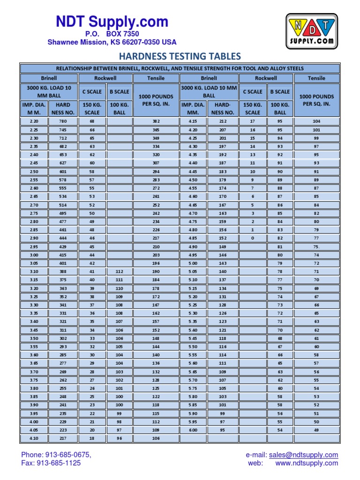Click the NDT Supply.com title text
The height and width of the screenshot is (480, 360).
click(x=112, y=22)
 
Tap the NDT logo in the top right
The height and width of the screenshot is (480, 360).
click(x=311, y=31)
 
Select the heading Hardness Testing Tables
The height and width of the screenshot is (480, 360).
click(x=180, y=57)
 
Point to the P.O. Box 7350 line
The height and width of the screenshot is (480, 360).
click(x=112, y=34)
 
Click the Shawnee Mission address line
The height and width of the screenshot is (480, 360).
click(x=112, y=42)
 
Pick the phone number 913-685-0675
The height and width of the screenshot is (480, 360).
click(x=56, y=455)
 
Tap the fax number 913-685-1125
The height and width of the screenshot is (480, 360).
click(x=51, y=463)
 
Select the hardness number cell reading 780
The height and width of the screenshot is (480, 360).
click(x=63, y=121)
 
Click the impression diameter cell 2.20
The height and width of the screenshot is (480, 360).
click(x=34, y=121)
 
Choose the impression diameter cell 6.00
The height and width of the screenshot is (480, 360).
click(x=193, y=430)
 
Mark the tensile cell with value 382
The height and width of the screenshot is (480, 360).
click(x=156, y=121)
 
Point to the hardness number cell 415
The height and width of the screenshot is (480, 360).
click(x=63, y=255)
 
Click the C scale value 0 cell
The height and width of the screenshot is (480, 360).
click(x=252, y=238)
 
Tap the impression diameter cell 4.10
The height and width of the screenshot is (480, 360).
click(x=34, y=439)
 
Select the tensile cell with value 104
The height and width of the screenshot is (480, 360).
click(x=316, y=121)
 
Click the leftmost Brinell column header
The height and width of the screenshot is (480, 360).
click(x=48, y=78)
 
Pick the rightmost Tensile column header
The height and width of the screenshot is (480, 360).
click(x=316, y=78)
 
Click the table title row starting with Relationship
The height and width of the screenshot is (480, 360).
click(x=180, y=68)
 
